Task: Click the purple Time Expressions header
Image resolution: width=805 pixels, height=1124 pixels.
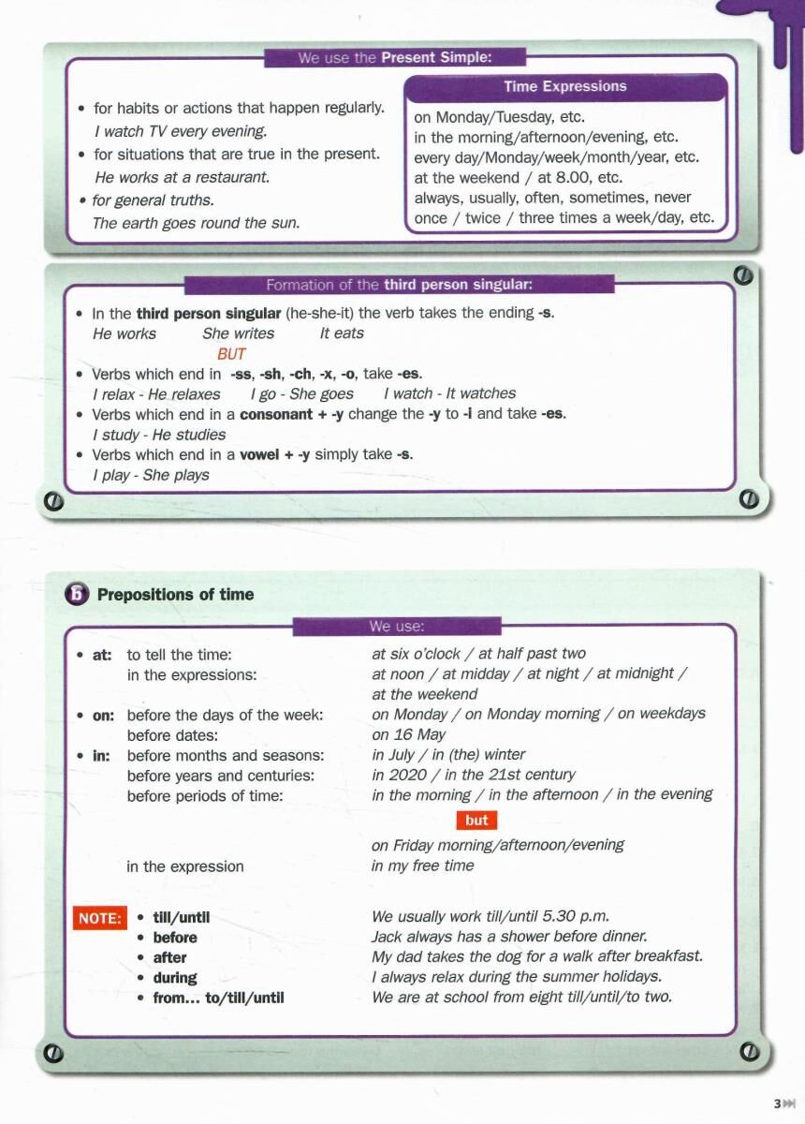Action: (x=564, y=87)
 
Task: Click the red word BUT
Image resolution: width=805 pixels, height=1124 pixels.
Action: (x=231, y=354)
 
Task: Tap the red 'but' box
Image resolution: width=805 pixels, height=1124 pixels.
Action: (x=476, y=821)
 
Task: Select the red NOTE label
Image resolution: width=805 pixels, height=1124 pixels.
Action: (x=99, y=919)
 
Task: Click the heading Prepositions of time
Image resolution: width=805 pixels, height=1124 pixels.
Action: (x=175, y=595)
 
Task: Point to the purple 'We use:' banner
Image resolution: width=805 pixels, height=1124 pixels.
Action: (x=397, y=626)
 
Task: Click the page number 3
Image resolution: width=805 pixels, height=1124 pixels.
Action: (x=777, y=1104)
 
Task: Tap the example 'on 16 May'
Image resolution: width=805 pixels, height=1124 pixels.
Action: (x=408, y=734)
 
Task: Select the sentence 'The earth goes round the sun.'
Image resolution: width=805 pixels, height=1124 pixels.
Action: (x=196, y=223)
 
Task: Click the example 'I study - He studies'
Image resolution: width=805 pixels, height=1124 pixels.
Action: (x=159, y=435)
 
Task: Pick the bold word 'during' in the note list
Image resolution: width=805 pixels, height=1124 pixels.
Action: (x=175, y=978)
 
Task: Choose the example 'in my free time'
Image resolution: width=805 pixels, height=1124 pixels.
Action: (x=422, y=865)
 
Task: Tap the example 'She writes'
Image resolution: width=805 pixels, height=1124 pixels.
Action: (x=238, y=333)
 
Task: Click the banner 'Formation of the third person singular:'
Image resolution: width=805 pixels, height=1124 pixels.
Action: (x=400, y=285)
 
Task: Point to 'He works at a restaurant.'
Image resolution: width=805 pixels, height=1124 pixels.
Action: (x=182, y=177)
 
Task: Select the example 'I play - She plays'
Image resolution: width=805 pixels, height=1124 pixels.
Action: (x=151, y=475)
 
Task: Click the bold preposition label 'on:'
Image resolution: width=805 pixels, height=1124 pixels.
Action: (x=103, y=716)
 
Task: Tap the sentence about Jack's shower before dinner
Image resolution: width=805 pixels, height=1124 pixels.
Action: (x=509, y=937)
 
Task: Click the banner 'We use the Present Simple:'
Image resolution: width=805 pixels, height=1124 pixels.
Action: (x=394, y=58)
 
